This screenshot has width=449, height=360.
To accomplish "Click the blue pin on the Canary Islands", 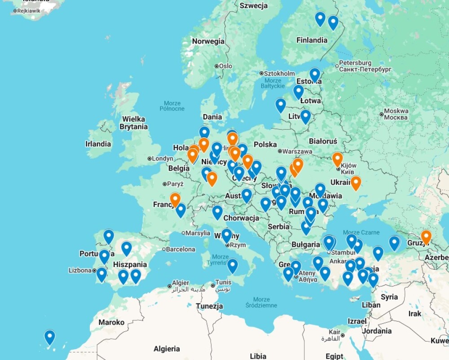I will (x=49, y=337).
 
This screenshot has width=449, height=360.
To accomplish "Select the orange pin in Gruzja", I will (x=426, y=237).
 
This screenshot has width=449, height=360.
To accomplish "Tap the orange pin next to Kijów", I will (x=337, y=159).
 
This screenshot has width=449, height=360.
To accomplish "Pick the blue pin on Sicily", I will (x=232, y=265).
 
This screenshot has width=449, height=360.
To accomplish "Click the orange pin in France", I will (x=175, y=199).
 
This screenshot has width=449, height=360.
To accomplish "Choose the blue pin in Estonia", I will (x=315, y=75).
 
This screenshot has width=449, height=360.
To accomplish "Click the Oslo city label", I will (x=225, y=66).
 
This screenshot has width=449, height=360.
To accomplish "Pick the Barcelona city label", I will (x=182, y=249).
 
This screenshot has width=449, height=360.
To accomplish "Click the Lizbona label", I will (x=80, y=270).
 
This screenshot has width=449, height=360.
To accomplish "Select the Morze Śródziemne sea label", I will (x=261, y=302).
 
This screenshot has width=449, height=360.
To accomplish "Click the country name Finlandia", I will (x=312, y=40).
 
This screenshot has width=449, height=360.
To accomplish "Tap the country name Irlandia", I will (x=98, y=144).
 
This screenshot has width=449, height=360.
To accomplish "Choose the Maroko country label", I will (x=111, y=322).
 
